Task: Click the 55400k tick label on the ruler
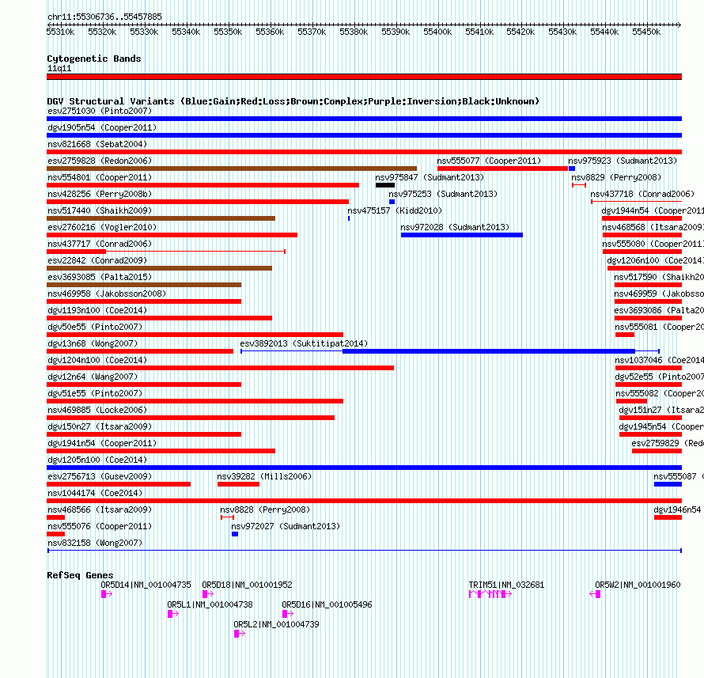(x=437, y=32)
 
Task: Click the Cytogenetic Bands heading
(x=93, y=59)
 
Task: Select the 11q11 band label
(x=59, y=68)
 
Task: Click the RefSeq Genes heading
(x=80, y=575)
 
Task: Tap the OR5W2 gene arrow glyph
(x=595, y=594)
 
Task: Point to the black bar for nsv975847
(x=385, y=185)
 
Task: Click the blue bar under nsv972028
(x=462, y=235)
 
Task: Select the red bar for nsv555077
(x=502, y=169)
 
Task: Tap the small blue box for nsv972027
(x=235, y=534)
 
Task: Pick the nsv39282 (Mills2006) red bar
(x=238, y=484)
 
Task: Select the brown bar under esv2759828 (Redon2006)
(x=232, y=169)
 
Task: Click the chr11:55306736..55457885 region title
(x=104, y=16)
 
